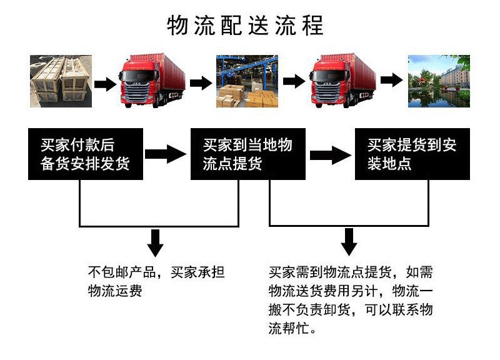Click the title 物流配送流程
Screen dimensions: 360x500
[246, 26]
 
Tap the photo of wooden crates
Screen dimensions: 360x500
[61, 81]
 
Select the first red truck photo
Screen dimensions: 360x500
[153, 81]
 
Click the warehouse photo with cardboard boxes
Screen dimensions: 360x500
[247, 81]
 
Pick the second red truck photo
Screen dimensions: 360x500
[344, 81]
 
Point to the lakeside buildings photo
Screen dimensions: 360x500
[439, 81]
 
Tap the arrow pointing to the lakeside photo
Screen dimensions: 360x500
[391, 81]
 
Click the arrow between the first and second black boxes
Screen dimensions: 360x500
[166, 155]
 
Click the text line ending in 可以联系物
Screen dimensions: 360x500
[350, 310]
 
